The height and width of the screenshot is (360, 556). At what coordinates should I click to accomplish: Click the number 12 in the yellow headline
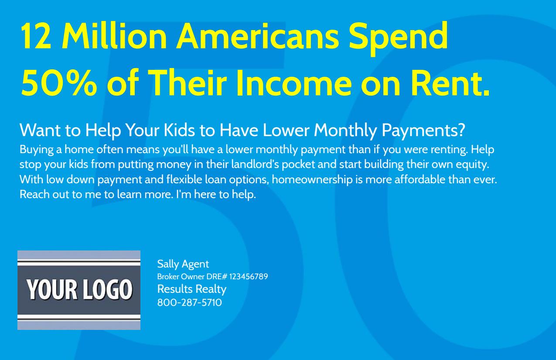36,36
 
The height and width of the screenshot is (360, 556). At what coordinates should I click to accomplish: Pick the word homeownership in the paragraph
312,180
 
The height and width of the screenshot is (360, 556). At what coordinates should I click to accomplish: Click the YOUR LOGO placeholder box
79,290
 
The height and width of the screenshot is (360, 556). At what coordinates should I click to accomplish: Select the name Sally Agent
183,264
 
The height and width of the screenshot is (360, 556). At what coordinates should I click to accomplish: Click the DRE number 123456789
249,277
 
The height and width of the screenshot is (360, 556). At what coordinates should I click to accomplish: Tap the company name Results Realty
192,289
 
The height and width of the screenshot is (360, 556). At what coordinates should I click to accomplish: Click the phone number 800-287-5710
190,302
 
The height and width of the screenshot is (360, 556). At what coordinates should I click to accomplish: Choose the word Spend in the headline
399,38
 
